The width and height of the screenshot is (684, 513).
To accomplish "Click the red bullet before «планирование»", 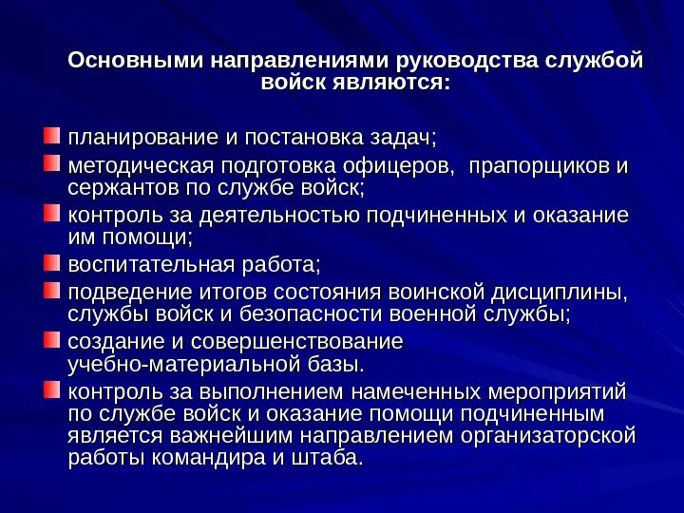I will [51, 137].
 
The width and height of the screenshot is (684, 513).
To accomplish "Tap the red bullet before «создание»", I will [51, 339].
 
